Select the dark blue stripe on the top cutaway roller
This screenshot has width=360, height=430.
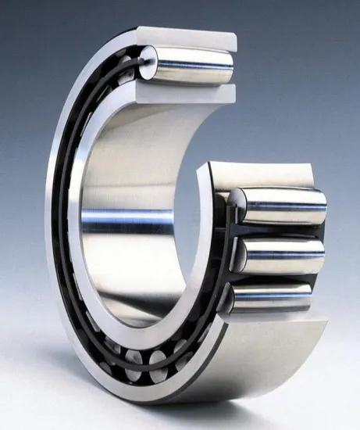[195, 69]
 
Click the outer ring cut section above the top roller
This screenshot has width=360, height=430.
[187, 38]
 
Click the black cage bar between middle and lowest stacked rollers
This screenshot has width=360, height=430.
[231, 276]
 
